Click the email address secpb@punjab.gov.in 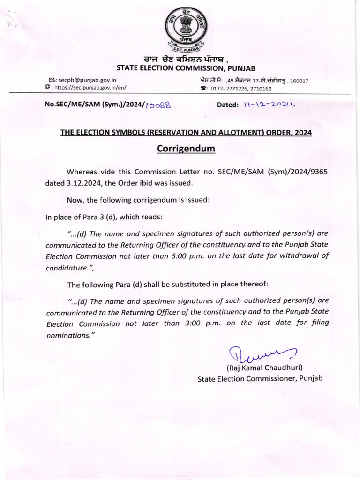[x=91, y=80]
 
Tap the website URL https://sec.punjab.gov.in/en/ [x=90, y=87]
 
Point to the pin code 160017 [x=299, y=81]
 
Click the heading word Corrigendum [x=186, y=149]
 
